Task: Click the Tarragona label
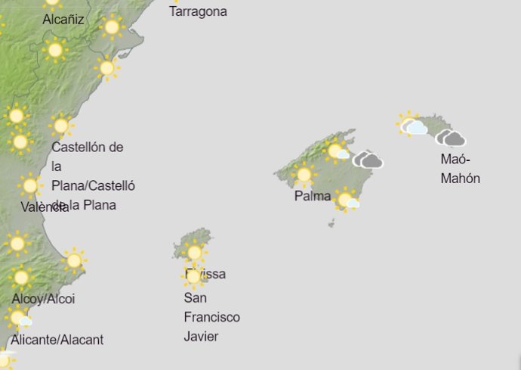[198, 11]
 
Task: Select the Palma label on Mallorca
[313, 196]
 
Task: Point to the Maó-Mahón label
[460, 169]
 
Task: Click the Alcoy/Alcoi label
[43, 299]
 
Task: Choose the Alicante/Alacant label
[58, 340]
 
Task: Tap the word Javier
[201, 336]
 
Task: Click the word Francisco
[212, 317]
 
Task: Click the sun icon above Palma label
[304, 175]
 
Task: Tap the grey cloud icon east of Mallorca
[368, 160]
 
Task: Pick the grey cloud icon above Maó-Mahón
[451, 138]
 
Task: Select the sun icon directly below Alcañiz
[54, 50]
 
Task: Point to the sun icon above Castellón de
[61, 125]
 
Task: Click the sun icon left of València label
[30, 185]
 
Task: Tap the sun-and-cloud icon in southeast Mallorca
[347, 201]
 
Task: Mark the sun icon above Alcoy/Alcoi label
[20, 278]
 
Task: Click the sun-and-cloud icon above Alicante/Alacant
[19, 319]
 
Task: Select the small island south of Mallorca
[331, 223]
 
